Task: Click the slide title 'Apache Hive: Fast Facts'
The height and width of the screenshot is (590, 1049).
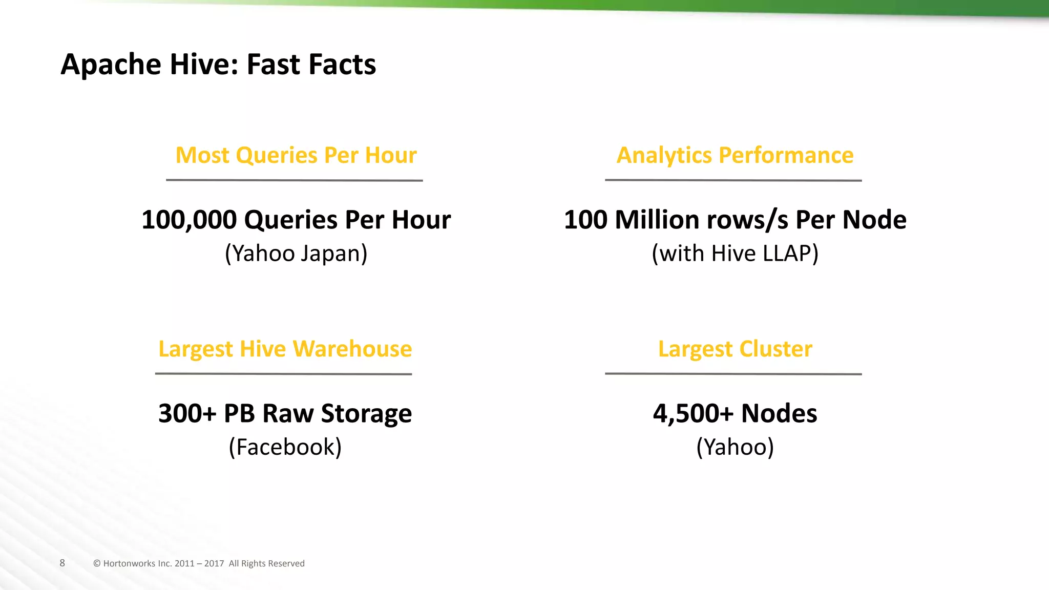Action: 218,65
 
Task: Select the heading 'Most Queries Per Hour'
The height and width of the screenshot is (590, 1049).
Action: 296,155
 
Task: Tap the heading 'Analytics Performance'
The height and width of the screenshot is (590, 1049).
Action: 735,155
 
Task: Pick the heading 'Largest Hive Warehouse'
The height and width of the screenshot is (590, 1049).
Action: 285,349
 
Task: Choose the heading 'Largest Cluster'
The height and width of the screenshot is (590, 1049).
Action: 735,349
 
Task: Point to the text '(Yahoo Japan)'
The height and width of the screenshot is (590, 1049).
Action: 296,254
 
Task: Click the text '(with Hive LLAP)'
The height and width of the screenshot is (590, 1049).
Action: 735,254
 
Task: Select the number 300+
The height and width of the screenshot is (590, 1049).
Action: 187,413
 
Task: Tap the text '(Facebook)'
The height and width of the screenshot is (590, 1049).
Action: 285,447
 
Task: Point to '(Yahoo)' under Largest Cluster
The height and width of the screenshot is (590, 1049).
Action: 735,447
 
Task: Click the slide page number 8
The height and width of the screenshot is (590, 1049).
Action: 62,563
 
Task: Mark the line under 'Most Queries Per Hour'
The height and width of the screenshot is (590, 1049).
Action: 294,180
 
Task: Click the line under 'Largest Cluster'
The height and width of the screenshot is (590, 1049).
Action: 733,374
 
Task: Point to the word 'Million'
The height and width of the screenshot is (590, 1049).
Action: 657,220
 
